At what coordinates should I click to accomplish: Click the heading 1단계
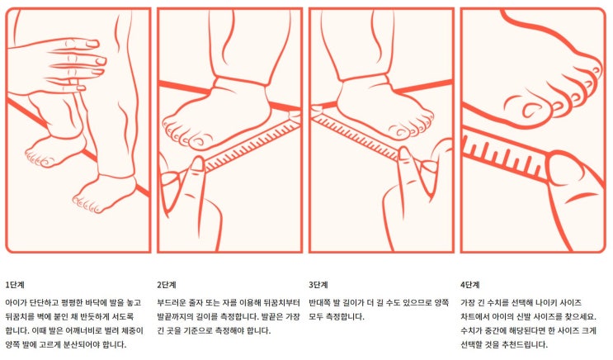[x=15, y=285]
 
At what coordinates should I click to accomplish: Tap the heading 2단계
[x=167, y=285]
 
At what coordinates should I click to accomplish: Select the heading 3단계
[x=318, y=285]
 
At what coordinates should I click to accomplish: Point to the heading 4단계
[x=470, y=285]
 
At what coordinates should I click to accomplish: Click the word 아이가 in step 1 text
[x=16, y=302]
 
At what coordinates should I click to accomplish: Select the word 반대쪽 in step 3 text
[x=319, y=302]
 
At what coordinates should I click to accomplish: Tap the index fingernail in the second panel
[x=197, y=163]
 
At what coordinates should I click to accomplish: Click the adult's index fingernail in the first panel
[x=93, y=44]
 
